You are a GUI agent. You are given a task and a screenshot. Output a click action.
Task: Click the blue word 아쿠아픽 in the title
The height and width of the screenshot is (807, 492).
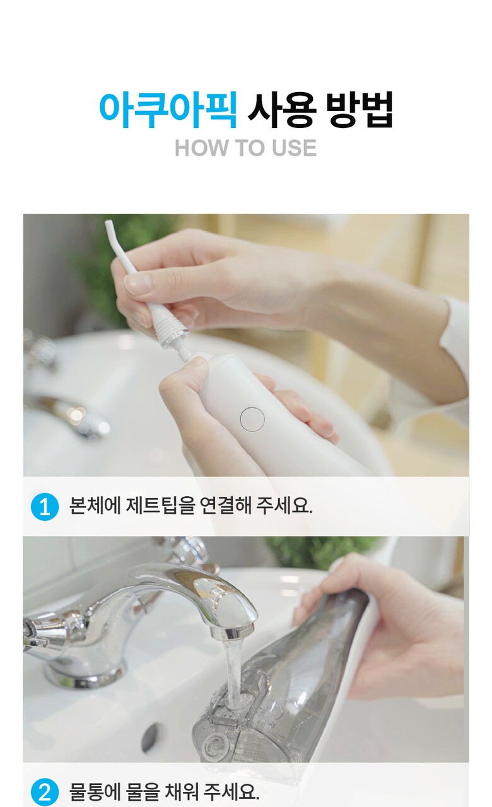pyautogui.click(x=168, y=110)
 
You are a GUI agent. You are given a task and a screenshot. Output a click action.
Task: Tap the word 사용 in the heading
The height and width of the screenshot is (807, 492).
pyautogui.click(x=282, y=110)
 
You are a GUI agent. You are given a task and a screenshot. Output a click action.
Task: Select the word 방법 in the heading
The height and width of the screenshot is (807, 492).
pyautogui.click(x=360, y=110)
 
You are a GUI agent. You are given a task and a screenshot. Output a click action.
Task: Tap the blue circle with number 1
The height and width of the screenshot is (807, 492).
pyautogui.click(x=45, y=507)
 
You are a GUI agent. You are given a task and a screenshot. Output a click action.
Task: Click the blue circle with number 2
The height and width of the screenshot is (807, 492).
pyautogui.click(x=45, y=792)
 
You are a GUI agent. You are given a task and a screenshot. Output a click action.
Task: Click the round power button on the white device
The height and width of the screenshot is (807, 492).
pyautogui.click(x=252, y=419)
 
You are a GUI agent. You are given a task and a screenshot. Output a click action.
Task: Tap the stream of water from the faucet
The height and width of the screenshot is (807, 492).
pyautogui.click(x=233, y=674)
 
